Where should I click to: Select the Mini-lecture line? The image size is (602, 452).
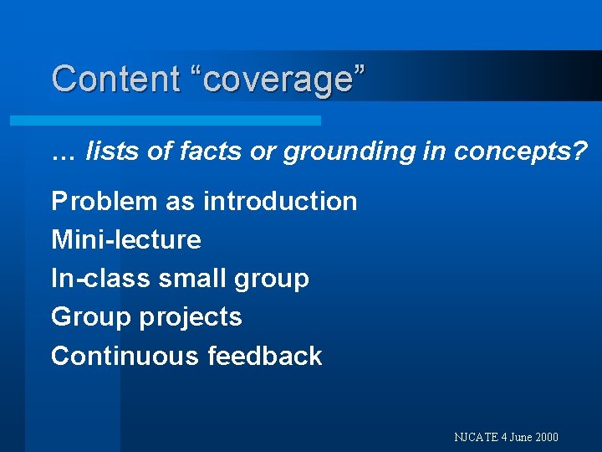tap(126, 240)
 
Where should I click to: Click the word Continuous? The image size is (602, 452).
tap(125, 356)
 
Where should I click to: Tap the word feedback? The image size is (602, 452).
tap(265, 356)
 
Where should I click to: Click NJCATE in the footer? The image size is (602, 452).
tap(476, 437)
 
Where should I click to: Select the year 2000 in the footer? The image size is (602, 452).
tap(547, 437)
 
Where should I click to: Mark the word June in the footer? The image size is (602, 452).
tap(519, 437)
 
